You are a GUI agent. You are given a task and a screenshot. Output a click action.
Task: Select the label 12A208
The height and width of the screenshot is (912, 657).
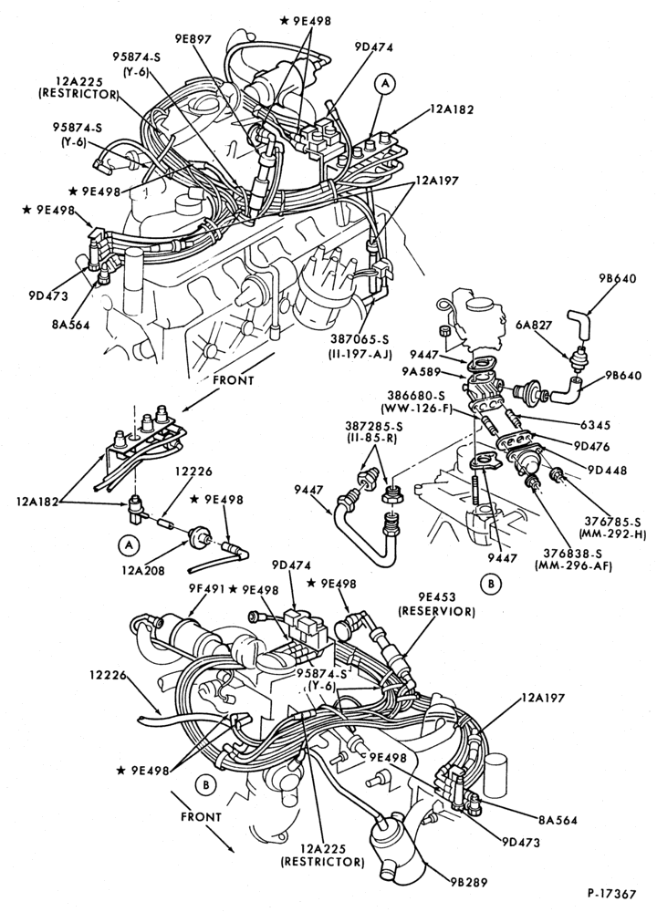click(142, 571)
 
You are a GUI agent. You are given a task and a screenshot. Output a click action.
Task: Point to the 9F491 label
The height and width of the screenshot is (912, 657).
click(206, 588)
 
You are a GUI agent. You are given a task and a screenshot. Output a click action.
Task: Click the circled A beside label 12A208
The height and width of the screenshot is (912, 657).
click(129, 544)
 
